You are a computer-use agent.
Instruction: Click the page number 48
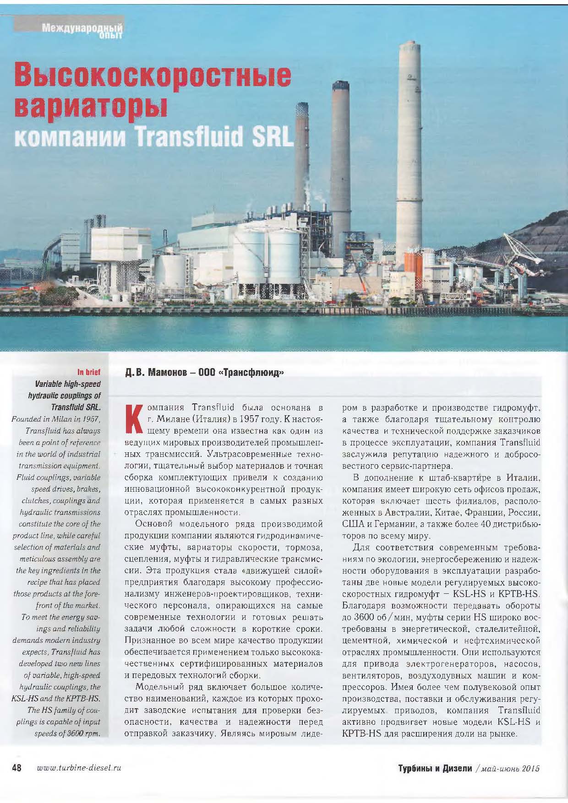coord(17,768)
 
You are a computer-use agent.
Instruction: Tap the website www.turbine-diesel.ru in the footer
coord(78,768)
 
